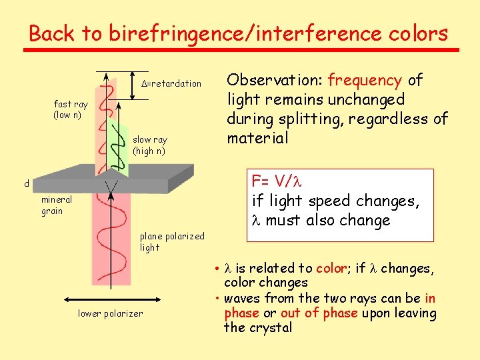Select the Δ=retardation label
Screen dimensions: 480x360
(172, 83)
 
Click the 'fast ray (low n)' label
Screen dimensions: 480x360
(70, 109)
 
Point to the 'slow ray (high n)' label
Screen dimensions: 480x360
(149, 145)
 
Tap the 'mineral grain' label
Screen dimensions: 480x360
(56, 205)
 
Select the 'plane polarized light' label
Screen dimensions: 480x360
(172, 241)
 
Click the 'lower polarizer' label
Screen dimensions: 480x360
(110, 313)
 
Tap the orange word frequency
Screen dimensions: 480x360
(365, 81)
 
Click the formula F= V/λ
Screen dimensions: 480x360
(276, 181)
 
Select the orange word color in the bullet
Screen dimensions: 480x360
(332, 268)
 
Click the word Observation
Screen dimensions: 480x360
(275, 81)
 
